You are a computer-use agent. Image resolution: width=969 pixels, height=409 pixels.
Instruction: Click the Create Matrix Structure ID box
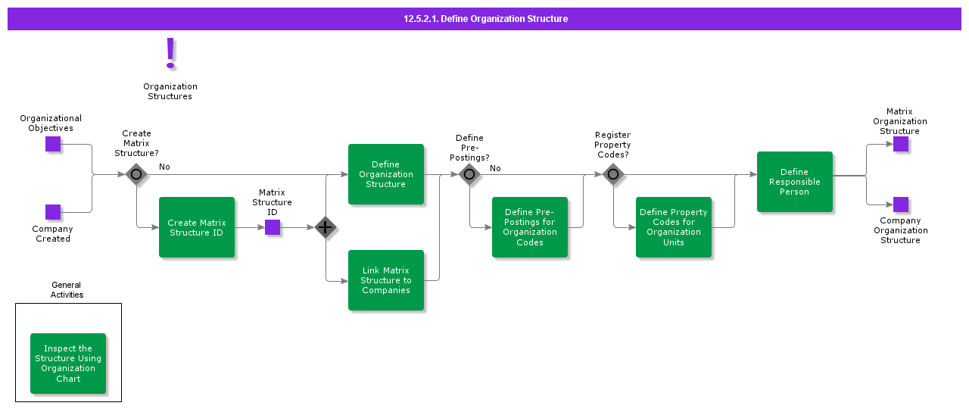click(x=197, y=227)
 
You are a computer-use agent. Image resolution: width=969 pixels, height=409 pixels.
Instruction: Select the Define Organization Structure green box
click(x=386, y=174)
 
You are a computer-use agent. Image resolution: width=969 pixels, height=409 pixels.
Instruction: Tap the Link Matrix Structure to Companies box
click(x=386, y=280)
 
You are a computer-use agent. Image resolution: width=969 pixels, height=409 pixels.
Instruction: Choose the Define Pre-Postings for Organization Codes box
click(x=530, y=227)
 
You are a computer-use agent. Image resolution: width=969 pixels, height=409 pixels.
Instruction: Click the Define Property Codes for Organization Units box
click(x=674, y=227)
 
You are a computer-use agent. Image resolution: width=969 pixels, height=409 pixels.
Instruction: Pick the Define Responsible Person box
click(x=795, y=182)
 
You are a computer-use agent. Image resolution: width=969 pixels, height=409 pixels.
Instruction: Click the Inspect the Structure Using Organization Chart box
click(x=68, y=364)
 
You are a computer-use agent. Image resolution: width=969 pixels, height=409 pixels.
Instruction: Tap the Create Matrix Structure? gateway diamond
click(x=136, y=174)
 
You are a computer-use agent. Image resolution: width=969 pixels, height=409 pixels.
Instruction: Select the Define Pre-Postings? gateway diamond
click(x=469, y=174)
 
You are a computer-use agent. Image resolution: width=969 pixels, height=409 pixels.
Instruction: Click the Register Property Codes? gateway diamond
click(x=613, y=174)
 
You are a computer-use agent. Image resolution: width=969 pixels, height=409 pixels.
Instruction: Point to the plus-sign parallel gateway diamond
click(x=326, y=227)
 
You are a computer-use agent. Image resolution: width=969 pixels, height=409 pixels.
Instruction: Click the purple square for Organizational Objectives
click(x=53, y=144)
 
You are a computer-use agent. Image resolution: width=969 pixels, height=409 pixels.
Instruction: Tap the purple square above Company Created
click(x=53, y=212)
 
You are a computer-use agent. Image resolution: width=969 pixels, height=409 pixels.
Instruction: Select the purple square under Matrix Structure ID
click(x=273, y=227)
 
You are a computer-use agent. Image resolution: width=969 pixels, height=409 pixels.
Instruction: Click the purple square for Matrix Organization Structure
click(x=901, y=144)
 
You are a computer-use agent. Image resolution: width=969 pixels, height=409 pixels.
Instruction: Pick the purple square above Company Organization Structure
click(x=901, y=204)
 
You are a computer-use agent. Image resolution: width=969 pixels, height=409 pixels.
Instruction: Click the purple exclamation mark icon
click(x=170, y=54)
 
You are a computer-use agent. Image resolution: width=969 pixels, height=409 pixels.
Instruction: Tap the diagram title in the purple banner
click(x=485, y=19)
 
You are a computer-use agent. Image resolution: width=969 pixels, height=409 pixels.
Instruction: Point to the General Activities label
click(x=67, y=290)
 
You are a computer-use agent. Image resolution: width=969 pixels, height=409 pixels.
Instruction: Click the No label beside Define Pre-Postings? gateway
click(x=495, y=168)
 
